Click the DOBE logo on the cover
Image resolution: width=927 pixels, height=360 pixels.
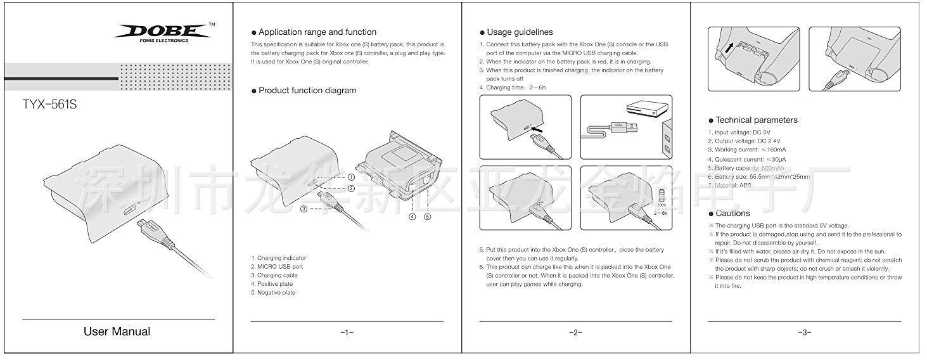click(x=163, y=32)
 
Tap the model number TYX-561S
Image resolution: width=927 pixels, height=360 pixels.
click(x=49, y=105)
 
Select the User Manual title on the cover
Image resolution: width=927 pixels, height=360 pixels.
click(x=117, y=331)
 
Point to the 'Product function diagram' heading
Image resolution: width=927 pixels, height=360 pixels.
click(x=307, y=91)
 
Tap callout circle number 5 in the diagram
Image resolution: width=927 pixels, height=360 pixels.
click(x=428, y=216)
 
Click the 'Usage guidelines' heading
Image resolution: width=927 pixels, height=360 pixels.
click(x=520, y=32)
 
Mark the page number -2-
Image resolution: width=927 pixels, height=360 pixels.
click(x=575, y=332)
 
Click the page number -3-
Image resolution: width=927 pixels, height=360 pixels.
click(x=805, y=332)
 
